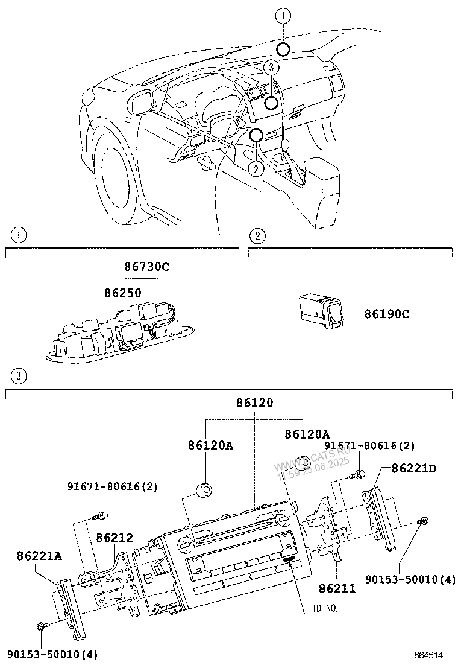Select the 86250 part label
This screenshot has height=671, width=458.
click(122, 293)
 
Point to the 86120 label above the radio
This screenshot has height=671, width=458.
click(254, 402)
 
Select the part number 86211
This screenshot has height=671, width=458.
click(337, 588)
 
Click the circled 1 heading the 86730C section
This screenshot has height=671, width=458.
click(19, 235)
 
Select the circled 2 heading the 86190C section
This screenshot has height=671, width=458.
click(257, 235)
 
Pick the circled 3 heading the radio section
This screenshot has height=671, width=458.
click(19, 377)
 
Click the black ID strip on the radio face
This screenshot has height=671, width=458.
click(290, 560)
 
